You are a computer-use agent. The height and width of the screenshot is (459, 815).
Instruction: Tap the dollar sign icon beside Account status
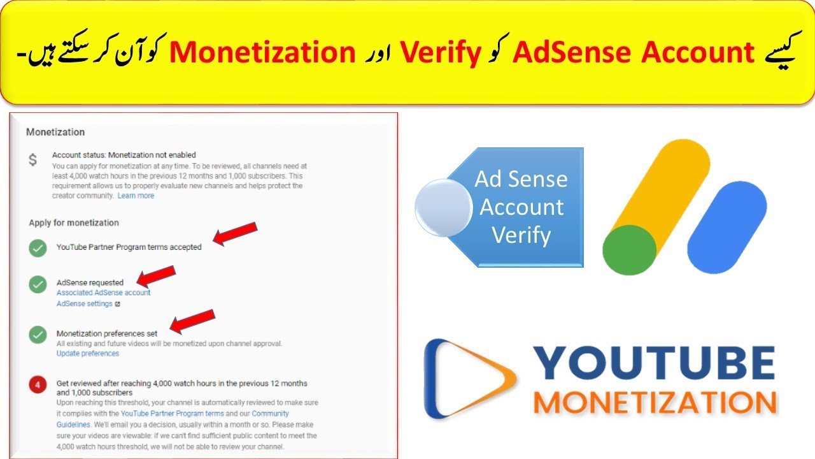click(x=33, y=160)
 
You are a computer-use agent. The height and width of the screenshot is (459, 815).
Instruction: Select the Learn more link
click(x=136, y=196)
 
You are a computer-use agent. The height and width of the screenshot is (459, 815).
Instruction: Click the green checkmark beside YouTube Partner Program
click(x=38, y=248)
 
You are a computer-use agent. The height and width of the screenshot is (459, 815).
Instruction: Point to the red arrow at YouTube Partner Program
click(x=235, y=233)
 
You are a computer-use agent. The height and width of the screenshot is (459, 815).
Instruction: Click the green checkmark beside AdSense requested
click(x=38, y=284)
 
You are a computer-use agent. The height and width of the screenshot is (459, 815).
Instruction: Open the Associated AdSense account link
click(x=104, y=293)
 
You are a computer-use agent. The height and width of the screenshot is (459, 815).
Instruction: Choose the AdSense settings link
click(x=85, y=304)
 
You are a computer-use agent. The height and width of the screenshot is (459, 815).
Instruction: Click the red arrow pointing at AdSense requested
click(x=156, y=276)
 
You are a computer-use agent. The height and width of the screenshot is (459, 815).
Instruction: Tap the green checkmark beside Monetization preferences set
click(x=38, y=334)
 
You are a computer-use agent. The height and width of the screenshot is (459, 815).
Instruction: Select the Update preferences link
click(x=88, y=353)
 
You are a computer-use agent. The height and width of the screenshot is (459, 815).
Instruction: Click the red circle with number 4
click(x=38, y=385)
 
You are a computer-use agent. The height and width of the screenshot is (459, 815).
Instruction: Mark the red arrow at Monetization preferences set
click(x=192, y=321)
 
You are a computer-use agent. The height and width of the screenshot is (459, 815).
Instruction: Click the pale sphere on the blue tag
click(x=443, y=208)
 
